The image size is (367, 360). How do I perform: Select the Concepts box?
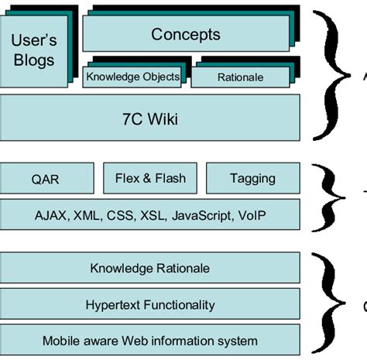click(185, 34)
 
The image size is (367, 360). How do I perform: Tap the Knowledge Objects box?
click(132, 77)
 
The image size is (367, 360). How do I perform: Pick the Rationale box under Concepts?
click(239, 77)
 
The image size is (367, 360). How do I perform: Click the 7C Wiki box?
click(150, 119)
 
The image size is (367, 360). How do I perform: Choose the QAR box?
click(45, 179)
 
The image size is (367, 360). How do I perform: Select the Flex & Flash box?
click(150, 178)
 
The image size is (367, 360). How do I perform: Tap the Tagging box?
click(252, 178)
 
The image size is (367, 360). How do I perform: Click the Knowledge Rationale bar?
click(150, 269)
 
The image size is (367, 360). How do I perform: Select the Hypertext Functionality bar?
click(150, 304)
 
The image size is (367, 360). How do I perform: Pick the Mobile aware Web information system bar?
click(150, 341)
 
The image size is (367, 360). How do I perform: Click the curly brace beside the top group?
click(329, 75)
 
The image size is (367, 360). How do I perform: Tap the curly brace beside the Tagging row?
click(329, 195)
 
